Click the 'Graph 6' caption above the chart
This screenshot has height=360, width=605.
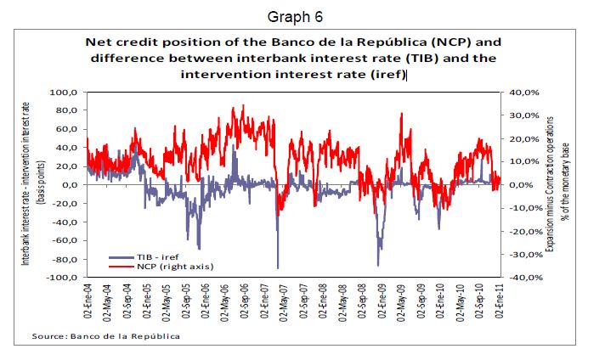[295, 16]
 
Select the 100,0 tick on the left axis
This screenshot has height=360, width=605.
[65, 92]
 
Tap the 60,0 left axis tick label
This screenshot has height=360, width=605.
[67, 129]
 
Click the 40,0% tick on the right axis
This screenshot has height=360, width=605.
[525, 92]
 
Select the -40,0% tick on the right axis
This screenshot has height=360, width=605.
[523, 278]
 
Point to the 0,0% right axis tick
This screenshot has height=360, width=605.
[527, 185]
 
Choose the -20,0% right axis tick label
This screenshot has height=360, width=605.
[523, 232]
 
